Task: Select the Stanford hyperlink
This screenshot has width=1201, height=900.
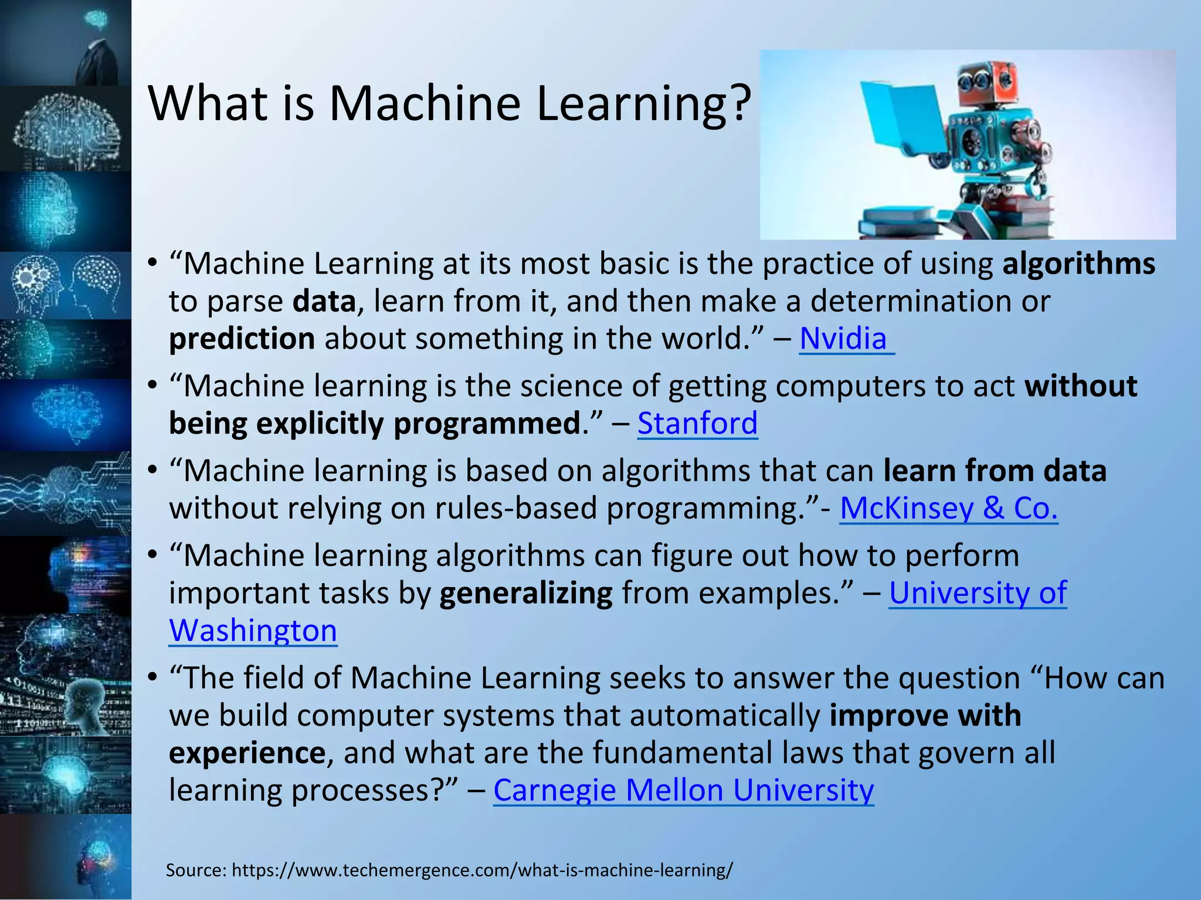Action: tap(697, 423)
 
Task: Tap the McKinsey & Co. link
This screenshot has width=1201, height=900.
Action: tap(948, 508)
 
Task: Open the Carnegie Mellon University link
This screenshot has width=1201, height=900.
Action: tap(683, 790)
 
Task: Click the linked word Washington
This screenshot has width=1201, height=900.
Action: tap(253, 630)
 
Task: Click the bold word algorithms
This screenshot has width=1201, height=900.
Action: tap(1078, 264)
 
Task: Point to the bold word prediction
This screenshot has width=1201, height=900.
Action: tap(242, 339)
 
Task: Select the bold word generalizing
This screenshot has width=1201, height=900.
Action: tap(526, 593)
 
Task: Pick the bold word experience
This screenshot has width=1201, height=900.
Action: tap(247, 753)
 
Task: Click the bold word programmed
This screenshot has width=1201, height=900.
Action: tap(486, 424)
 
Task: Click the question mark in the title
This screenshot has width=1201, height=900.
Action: tap(741, 104)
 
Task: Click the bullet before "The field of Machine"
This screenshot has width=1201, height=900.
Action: tap(152, 679)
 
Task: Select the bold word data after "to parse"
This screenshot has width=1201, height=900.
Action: tap(324, 301)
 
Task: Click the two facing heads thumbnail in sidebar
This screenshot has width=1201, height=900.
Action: tap(66, 285)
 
